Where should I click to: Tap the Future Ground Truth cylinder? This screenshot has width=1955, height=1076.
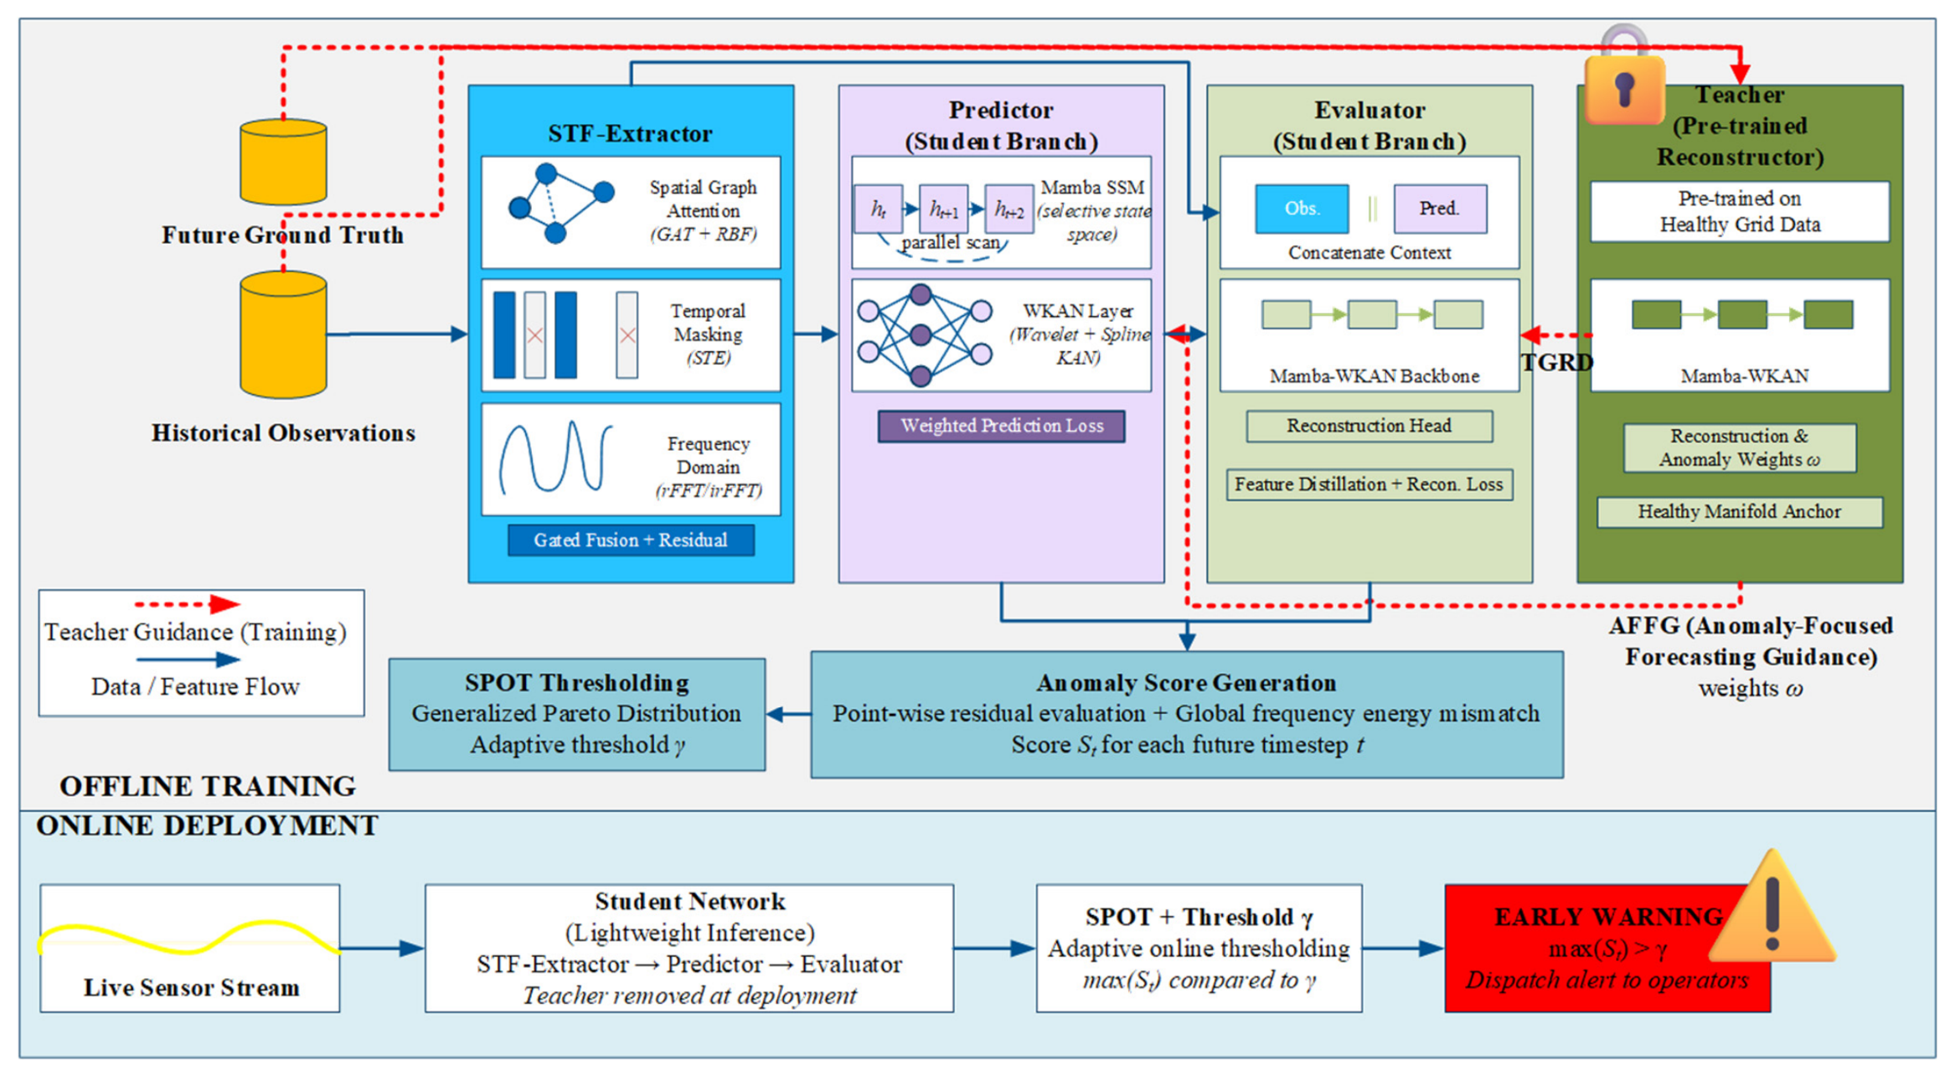283,162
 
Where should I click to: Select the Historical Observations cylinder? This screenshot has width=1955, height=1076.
283,334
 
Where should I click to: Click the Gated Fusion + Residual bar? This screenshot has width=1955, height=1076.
631,540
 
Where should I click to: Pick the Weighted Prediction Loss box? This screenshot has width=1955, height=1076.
1001,426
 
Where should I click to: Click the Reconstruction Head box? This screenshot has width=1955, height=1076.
1370,426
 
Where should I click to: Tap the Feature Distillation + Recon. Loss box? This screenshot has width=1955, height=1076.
1370,484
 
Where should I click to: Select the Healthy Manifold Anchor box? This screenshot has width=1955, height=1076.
1740,512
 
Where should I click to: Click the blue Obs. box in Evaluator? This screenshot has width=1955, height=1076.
1302,209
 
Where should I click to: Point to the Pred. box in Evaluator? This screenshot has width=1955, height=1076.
1440,209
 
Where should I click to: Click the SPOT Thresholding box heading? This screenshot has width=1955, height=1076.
577,683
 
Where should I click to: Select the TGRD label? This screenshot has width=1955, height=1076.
1557,362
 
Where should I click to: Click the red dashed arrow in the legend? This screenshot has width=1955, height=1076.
188,603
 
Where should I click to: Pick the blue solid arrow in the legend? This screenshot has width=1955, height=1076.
188,660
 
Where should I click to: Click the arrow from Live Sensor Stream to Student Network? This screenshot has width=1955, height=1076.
382,949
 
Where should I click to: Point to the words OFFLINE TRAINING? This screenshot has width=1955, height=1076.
208,786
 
